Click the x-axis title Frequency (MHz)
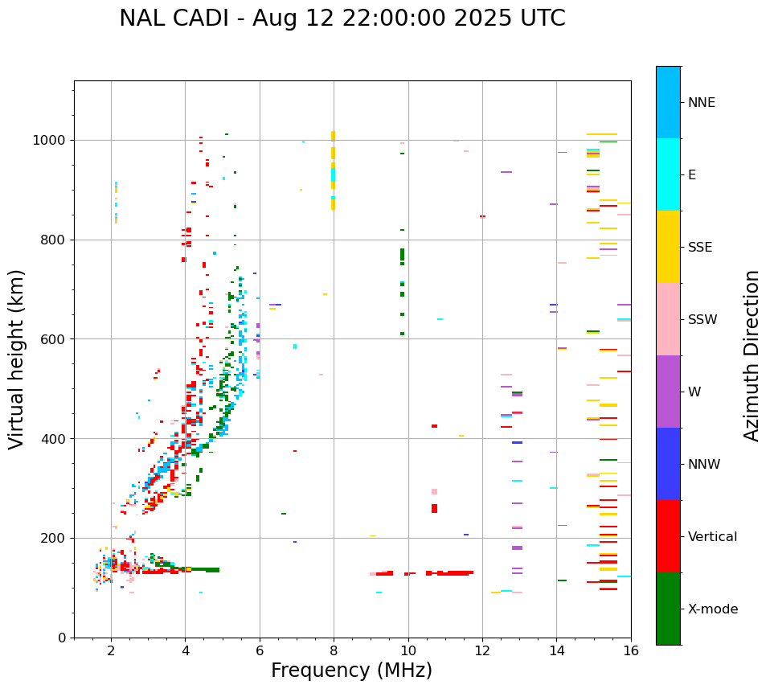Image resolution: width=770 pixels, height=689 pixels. [x=351, y=671]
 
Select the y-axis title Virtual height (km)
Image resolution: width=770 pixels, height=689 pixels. [x=17, y=359]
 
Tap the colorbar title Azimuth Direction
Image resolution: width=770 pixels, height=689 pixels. [x=752, y=355]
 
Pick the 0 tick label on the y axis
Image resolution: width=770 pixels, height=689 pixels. [x=63, y=638]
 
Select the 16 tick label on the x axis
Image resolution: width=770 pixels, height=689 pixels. [x=631, y=650]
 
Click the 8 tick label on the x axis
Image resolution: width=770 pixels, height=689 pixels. [x=334, y=650]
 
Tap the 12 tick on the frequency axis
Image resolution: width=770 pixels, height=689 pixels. [x=482, y=650]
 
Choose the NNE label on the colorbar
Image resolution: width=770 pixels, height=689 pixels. [x=702, y=103]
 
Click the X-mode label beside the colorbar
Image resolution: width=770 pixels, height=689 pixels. [x=713, y=609]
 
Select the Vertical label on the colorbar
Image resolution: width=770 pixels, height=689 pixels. [x=712, y=537]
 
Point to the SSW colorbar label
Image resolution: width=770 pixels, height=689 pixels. [x=702, y=320]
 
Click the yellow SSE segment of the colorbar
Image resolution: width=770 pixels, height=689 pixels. [x=668, y=247]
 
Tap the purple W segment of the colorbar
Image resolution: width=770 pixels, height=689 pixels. [x=668, y=392]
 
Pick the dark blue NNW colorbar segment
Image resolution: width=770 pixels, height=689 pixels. [x=668, y=464]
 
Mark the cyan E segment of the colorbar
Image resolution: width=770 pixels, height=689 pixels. [x=668, y=174]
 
